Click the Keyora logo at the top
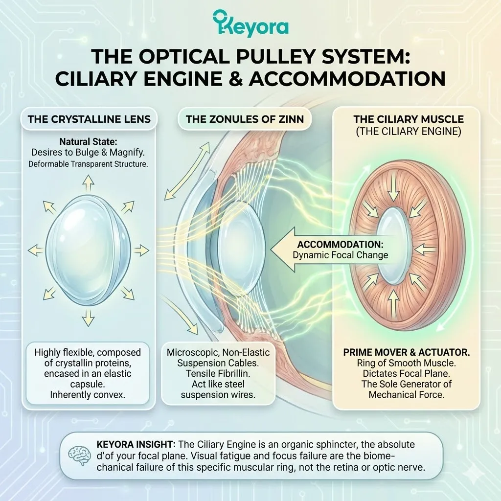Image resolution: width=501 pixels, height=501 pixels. point(250,23)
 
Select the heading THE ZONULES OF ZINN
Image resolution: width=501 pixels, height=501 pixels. point(244,119)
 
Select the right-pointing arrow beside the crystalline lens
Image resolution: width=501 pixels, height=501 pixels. point(142,250)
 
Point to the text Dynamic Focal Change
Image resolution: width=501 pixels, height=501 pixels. point(340,255)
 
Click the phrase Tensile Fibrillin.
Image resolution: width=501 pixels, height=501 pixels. point(218,373)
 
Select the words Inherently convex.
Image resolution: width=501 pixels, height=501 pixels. point(88,395)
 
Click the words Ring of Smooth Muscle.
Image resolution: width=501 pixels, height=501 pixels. point(406,363)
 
